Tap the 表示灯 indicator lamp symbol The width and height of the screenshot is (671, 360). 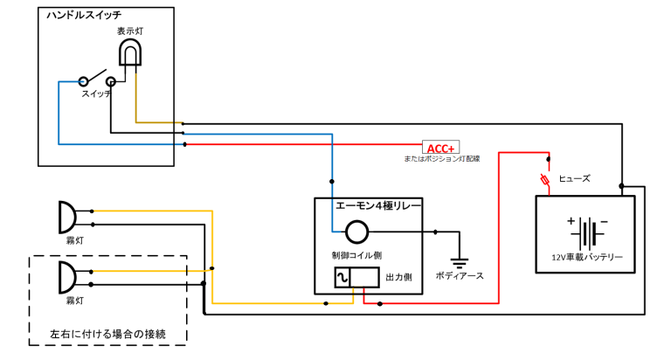(128, 55)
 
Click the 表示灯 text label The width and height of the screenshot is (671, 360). (131, 31)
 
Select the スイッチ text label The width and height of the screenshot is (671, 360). (96, 93)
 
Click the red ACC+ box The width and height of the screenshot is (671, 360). (440, 148)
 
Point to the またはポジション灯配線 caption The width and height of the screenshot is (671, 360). (442, 160)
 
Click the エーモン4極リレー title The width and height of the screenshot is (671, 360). (379, 206)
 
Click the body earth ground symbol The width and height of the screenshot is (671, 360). (458, 260)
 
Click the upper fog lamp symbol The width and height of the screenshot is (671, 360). (67, 216)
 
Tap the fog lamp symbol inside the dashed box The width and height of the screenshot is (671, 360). (67, 277)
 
